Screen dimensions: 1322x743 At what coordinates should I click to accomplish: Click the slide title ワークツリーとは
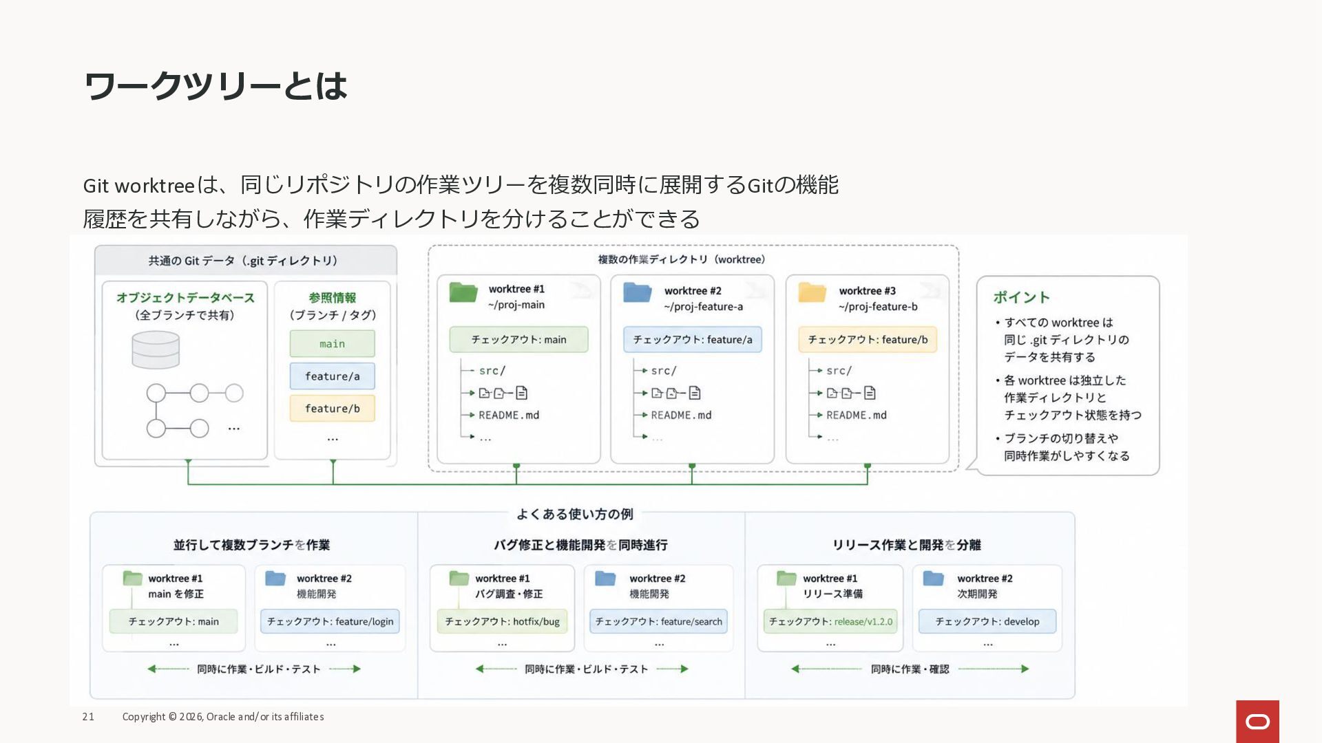(x=216, y=86)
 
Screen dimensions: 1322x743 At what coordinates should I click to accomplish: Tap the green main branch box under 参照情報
(x=332, y=343)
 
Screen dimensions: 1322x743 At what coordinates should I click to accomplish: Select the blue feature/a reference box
(x=332, y=376)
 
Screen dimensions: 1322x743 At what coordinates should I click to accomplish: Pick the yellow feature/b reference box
(x=332, y=409)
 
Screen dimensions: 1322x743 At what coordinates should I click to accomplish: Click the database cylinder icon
(x=156, y=349)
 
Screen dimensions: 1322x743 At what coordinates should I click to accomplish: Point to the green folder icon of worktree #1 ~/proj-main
(x=463, y=292)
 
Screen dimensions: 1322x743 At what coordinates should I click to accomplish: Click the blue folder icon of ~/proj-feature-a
(x=638, y=292)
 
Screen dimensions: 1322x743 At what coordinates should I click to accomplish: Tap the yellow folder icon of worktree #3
(x=812, y=292)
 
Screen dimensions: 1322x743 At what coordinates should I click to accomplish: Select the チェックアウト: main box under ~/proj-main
(x=518, y=340)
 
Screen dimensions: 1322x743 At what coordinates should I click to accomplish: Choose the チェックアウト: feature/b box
(x=868, y=340)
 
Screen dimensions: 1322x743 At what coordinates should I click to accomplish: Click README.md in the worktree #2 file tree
(x=681, y=416)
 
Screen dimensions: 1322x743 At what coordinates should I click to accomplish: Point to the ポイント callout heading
(x=1021, y=297)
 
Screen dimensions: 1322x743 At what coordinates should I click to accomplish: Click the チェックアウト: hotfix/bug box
(x=502, y=621)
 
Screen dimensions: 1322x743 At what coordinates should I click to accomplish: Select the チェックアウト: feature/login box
(x=330, y=621)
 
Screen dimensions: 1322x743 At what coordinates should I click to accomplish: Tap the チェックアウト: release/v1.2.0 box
(x=830, y=621)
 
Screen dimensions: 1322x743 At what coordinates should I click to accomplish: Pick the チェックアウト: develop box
(x=987, y=621)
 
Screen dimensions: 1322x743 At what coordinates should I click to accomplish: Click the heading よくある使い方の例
(x=575, y=514)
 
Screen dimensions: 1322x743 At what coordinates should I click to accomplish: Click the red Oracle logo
(x=1257, y=722)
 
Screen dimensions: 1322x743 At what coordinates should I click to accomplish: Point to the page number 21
(x=88, y=717)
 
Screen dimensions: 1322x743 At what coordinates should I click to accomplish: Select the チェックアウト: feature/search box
(x=659, y=621)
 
